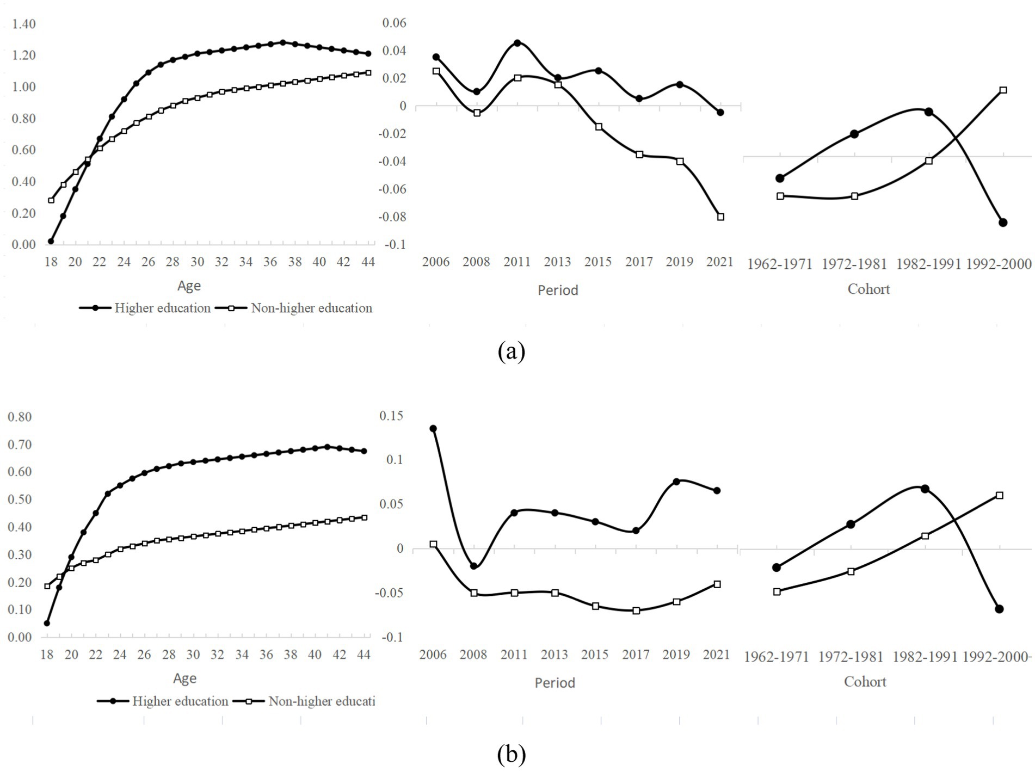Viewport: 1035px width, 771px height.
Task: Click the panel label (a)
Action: [511, 351]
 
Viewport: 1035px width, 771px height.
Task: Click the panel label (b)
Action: [511, 754]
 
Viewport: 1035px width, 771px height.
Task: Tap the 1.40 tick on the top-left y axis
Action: [23, 24]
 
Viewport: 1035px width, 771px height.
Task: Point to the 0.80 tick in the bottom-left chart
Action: [20, 417]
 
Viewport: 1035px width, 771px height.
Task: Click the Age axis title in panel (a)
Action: [189, 286]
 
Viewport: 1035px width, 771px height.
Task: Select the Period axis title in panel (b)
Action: [555, 683]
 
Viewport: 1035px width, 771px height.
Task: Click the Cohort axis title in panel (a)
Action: [868, 289]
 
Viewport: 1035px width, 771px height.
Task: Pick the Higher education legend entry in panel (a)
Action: [162, 308]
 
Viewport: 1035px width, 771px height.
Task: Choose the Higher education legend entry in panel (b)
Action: [180, 701]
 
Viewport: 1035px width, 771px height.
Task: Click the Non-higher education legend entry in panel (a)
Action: [311, 308]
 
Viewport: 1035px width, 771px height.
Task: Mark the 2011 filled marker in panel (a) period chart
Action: [517, 43]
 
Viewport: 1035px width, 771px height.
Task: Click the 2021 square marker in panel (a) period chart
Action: [720, 217]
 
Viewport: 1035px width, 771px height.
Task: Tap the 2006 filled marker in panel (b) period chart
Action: [433, 429]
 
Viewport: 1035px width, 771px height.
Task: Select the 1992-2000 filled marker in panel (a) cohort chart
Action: [1003, 223]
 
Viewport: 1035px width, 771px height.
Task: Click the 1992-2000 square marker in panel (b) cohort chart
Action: [1000, 496]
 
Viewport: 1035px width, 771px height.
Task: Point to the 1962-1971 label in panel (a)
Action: [779, 264]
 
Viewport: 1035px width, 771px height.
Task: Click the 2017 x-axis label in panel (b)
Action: [636, 655]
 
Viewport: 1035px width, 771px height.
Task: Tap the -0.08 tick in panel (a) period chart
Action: [395, 217]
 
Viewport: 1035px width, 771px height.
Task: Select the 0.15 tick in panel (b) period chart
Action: [392, 416]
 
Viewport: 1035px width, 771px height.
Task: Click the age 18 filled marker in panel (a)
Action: [51, 241]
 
